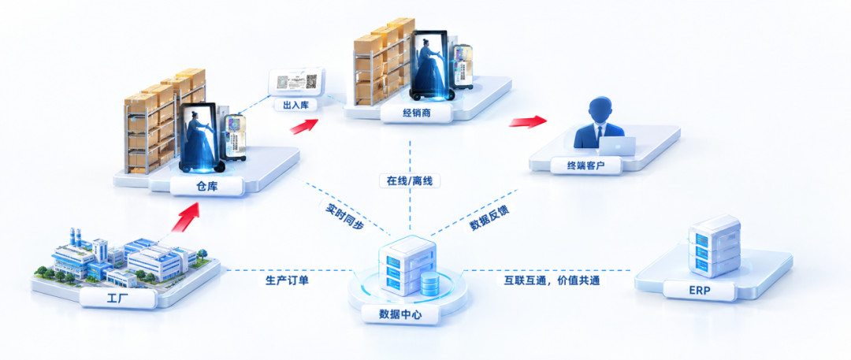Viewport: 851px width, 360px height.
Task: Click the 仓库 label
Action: pyautogui.click(x=206, y=187)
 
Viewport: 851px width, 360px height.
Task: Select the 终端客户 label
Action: pyautogui.click(x=585, y=165)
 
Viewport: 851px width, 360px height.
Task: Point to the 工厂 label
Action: pyautogui.click(x=117, y=298)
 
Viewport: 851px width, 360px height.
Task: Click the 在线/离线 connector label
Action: pyautogui.click(x=410, y=181)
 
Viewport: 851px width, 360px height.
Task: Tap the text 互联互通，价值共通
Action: pyautogui.click(x=548, y=280)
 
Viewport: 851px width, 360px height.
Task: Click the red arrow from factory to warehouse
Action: pyautogui.click(x=185, y=217)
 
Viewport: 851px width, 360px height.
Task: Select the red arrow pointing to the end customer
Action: pyautogui.click(x=527, y=121)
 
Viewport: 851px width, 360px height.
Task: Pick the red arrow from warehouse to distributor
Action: pyautogui.click(x=303, y=127)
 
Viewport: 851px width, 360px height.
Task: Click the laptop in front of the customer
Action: pyautogui.click(x=617, y=146)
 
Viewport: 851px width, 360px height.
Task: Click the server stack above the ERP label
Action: pyautogui.click(x=714, y=246)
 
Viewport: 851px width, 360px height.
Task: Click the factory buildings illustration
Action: pyautogui.click(x=124, y=258)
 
